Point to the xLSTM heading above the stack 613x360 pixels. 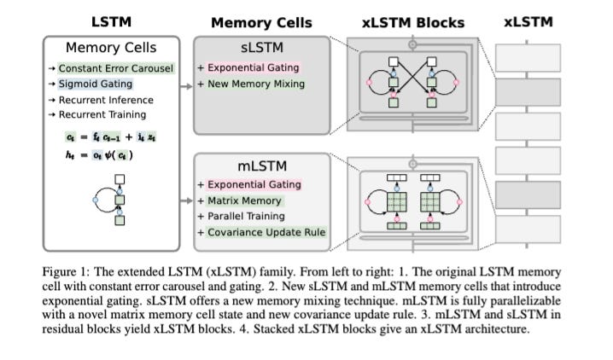pos(528,21)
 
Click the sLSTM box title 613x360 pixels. pos(262,49)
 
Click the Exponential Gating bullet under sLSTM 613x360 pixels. pos(249,67)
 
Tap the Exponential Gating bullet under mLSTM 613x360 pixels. pos(249,184)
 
